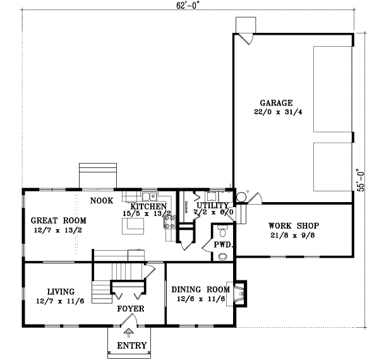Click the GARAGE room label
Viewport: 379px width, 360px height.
[276, 103]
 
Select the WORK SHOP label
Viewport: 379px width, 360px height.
[293, 225]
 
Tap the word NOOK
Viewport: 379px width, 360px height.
[101, 201]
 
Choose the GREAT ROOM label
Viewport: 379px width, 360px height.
[59, 220]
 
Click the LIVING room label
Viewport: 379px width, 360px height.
[61, 292]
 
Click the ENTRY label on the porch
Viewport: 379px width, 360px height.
[132, 346]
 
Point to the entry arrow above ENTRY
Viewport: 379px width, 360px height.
[129, 332]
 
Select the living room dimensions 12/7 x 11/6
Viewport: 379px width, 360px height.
[61, 303]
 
